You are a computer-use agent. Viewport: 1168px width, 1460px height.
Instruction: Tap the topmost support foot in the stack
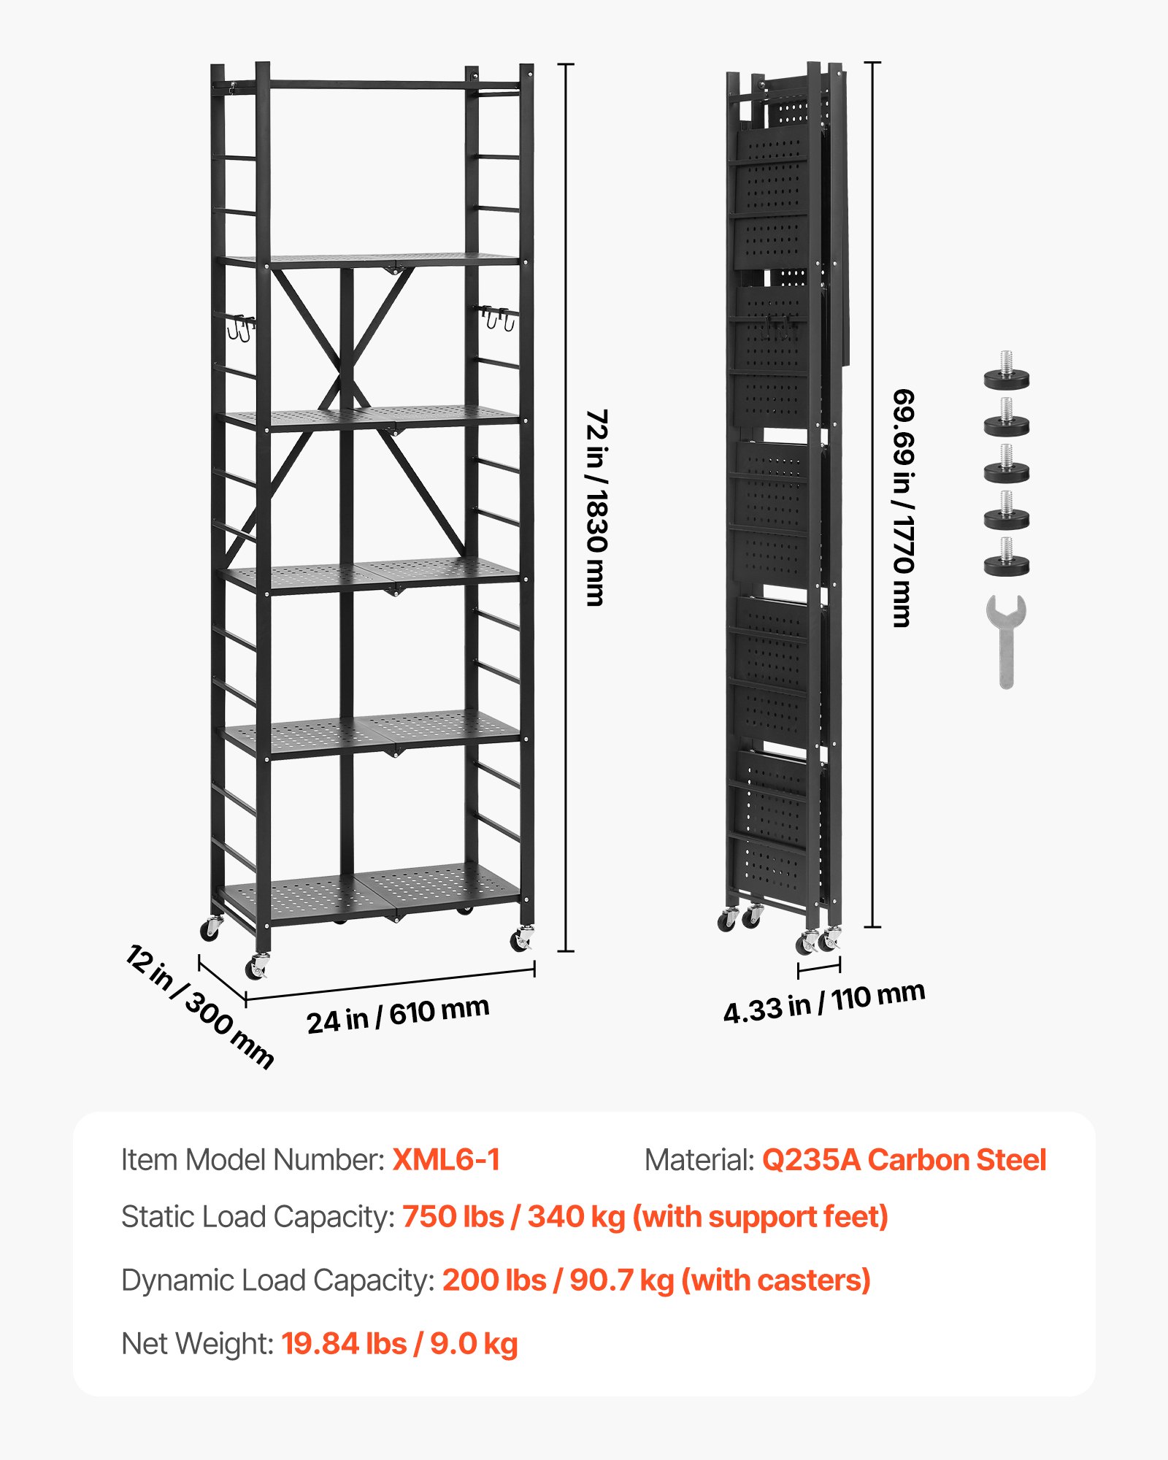pyautogui.click(x=1007, y=372)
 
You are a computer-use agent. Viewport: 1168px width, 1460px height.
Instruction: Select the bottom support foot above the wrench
pyautogui.click(x=1007, y=558)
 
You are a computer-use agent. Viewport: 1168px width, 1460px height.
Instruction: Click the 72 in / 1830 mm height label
pyautogui.click(x=596, y=507)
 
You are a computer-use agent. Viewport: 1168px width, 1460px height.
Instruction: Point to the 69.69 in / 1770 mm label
pyautogui.click(x=903, y=507)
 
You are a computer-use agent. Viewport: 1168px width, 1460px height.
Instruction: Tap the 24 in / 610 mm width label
pyautogui.click(x=398, y=1015)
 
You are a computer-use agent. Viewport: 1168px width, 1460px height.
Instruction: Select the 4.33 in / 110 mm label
pyautogui.click(x=824, y=1002)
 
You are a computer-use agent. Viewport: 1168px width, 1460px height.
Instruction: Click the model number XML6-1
pyautogui.click(x=446, y=1160)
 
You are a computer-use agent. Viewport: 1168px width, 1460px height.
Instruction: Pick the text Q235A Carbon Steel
pyautogui.click(x=904, y=1160)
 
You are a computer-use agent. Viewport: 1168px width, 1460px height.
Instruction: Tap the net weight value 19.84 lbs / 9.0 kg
pyautogui.click(x=399, y=1344)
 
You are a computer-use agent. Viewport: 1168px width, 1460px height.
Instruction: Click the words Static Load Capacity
pyautogui.click(x=258, y=1217)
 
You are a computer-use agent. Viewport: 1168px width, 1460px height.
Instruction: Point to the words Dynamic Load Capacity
pyautogui.click(x=277, y=1280)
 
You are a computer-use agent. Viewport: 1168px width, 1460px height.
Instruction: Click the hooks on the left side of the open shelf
pyautogui.click(x=240, y=326)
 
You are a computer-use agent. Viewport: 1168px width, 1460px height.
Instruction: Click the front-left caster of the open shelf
pyautogui.click(x=257, y=967)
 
